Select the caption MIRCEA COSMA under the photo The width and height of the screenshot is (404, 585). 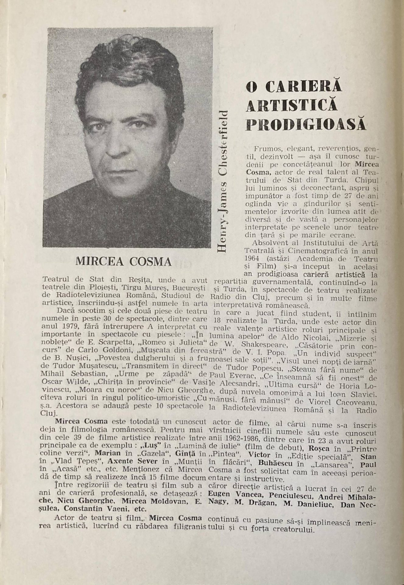tap(124, 261)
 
